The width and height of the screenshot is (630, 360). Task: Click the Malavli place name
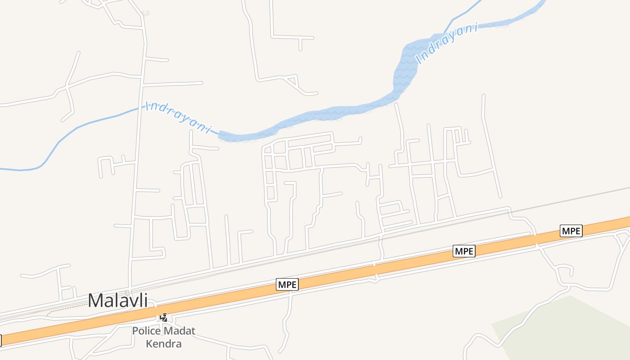pos(117,301)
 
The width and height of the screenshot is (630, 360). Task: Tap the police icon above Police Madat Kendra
pos(164,318)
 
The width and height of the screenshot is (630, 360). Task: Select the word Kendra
pos(163,344)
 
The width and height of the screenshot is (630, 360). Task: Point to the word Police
pos(146,331)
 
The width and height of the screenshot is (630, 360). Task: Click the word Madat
pos(179,331)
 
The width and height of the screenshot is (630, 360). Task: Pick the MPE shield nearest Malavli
pos(287,284)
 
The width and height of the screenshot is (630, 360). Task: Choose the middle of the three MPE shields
pos(464,251)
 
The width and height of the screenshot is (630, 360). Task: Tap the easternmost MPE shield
pos(571,231)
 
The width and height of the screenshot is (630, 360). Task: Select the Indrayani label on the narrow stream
pos(178,118)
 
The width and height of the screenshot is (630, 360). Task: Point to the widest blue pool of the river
pos(407,63)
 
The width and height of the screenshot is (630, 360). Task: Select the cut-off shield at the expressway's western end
pos(1,340)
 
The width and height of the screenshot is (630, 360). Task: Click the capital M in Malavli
pos(95,301)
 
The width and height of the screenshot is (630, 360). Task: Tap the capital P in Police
pos(135,331)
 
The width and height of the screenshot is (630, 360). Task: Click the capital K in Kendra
pos(148,344)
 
